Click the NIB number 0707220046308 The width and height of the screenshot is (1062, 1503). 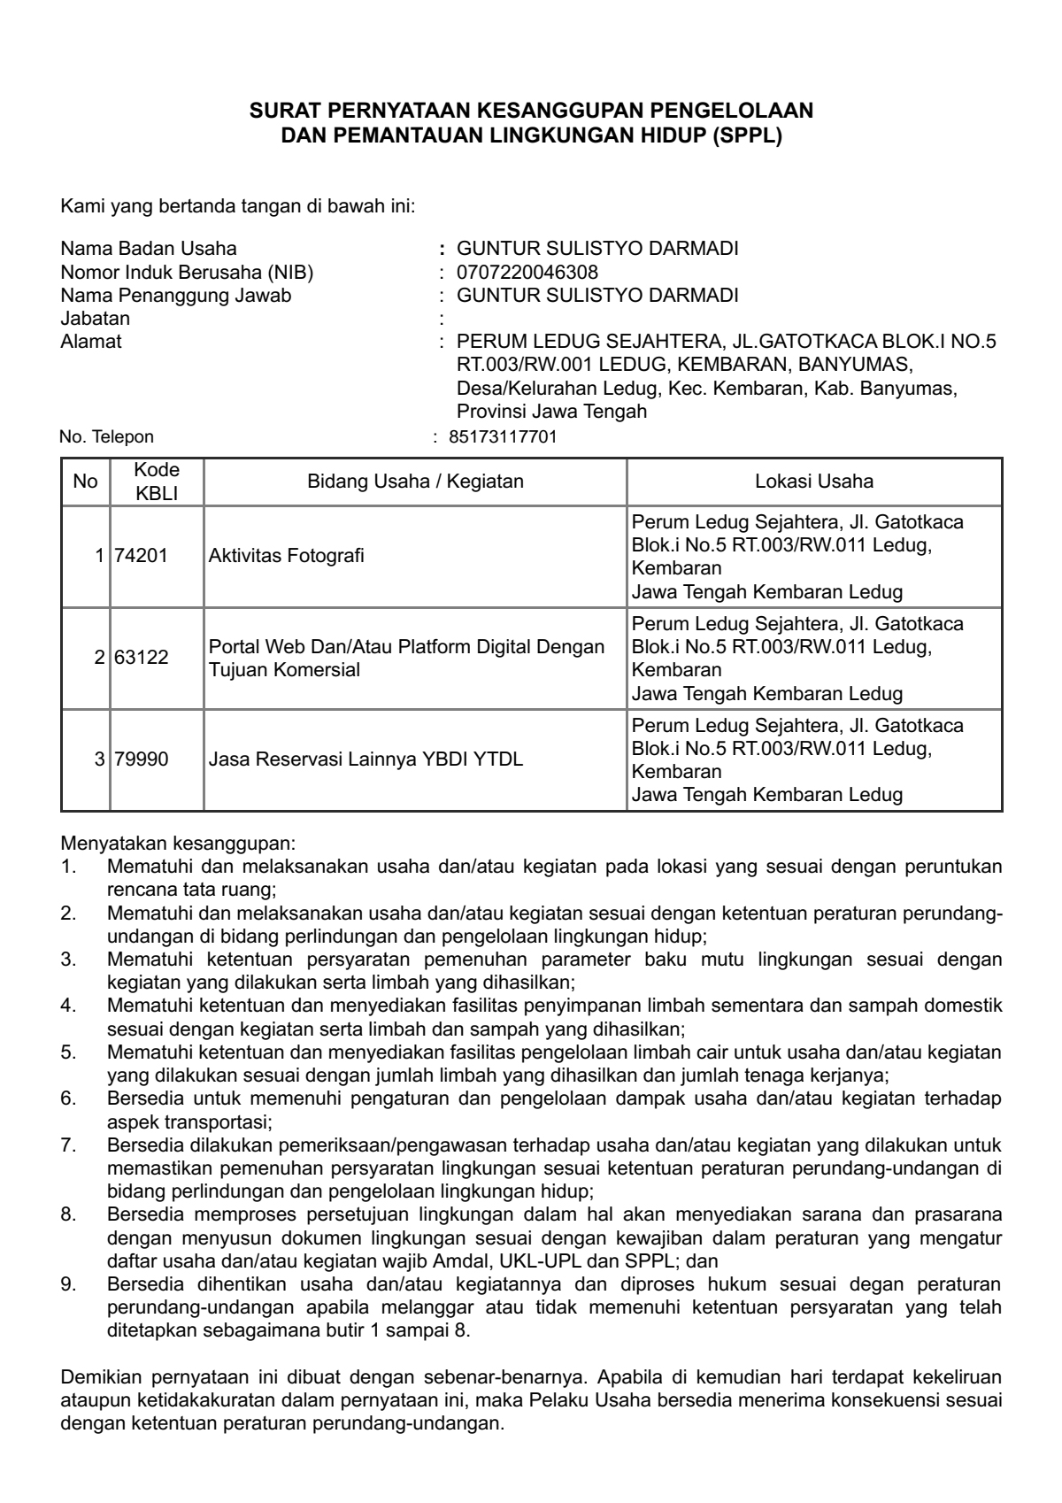point(527,272)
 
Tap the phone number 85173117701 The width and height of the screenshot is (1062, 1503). point(503,436)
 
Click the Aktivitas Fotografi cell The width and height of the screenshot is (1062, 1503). point(287,556)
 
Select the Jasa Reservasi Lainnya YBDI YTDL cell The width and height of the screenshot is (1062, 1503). point(366,759)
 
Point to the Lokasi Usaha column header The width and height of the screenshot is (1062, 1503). point(814,482)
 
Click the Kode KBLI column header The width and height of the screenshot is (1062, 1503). point(157,482)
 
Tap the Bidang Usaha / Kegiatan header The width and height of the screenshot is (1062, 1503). point(415,482)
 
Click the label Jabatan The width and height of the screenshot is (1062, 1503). point(95,318)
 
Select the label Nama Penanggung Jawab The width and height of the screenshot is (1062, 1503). point(175,295)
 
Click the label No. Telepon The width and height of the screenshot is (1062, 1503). point(106,436)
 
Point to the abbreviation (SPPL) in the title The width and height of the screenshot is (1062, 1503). point(746,136)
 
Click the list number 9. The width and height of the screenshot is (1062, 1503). point(67,1283)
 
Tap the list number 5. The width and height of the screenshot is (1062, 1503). point(67,1052)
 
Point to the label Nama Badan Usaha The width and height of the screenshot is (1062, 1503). point(149,249)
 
